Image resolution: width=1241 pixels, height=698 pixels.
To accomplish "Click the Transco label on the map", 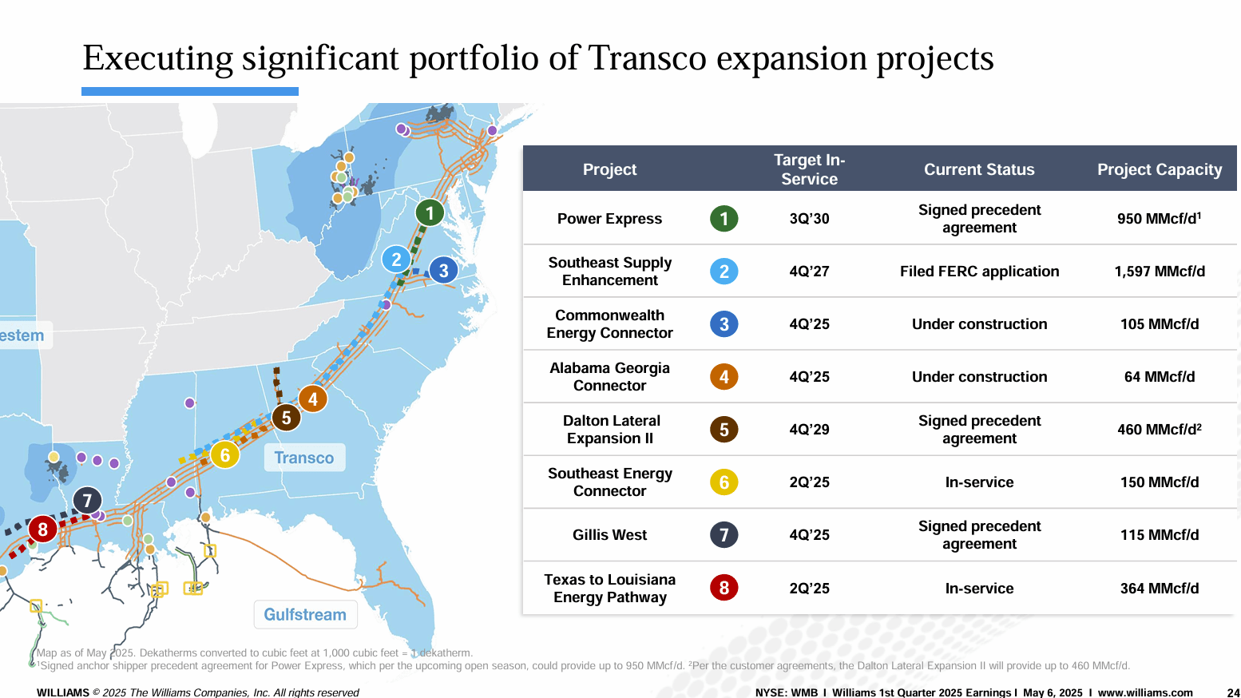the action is (304, 458).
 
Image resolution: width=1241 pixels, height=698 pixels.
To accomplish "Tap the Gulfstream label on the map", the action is (305, 614).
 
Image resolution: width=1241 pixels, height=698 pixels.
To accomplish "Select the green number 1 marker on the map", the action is (430, 212).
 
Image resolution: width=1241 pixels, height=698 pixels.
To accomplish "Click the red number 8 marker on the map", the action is (42, 529).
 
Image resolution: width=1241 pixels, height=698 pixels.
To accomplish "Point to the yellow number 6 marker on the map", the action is (225, 454).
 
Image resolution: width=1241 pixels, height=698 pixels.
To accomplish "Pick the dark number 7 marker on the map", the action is (87, 501).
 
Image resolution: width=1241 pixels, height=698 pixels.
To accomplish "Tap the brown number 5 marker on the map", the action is (287, 418).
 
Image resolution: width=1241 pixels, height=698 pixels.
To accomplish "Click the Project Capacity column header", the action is (1160, 169).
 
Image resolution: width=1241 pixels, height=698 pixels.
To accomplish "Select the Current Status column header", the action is (979, 169).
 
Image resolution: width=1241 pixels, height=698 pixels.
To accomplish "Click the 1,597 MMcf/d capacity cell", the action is (1160, 272).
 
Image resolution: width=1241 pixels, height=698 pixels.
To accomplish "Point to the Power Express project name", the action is (609, 219).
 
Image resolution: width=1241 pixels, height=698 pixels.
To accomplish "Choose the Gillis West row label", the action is (609, 535).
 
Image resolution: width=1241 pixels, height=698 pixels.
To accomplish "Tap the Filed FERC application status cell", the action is (979, 272).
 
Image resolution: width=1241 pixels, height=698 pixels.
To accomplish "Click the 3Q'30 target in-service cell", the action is (810, 219).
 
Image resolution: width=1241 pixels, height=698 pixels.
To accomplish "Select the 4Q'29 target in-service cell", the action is (810, 430).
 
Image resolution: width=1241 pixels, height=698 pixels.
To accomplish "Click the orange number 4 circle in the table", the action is (724, 377).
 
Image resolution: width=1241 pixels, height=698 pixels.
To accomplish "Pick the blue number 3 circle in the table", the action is (724, 324).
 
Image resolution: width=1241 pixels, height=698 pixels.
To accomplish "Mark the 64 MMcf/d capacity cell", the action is (1160, 377).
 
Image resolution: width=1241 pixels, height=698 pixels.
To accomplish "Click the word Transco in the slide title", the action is (647, 58).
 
